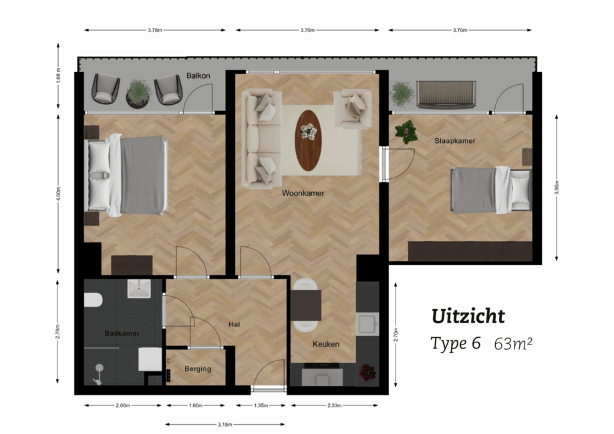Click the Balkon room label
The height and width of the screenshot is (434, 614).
click(x=198, y=75)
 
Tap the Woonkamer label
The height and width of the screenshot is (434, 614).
click(x=303, y=194)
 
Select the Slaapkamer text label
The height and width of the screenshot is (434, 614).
click(x=436, y=142)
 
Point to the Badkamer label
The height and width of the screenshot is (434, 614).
click(x=122, y=333)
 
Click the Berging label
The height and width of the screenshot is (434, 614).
click(x=198, y=369)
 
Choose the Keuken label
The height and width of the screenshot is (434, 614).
click(x=326, y=345)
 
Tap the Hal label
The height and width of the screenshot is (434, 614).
click(x=234, y=324)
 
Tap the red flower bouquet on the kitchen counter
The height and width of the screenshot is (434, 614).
click(x=367, y=372)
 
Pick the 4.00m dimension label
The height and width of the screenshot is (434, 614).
click(x=59, y=194)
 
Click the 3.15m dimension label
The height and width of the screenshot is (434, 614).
click(x=224, y=424)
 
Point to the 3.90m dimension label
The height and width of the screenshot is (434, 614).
click(x=557, y=187)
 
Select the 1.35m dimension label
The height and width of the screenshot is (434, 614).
click(x=261, y=405)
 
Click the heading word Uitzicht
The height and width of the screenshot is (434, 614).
click(x=468, y=315)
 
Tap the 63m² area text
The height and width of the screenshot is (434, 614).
click(x=512, y=344)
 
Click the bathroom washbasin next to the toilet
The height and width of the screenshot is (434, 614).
click(x=140, y=288)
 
